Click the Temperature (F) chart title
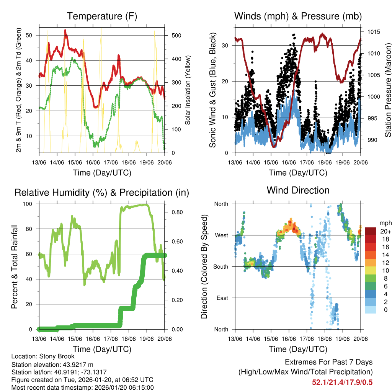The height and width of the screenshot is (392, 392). click(x=102, y=16)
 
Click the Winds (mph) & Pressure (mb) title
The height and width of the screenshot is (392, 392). click(x=298, y=16)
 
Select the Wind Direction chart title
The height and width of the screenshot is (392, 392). click(x=298, y=190)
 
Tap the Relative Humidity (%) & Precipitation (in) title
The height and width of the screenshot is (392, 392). click(x=102, y=193)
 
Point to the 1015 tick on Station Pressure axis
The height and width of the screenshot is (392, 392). click(x=373, y=32)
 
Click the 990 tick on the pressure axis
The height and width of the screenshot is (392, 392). click(x=372, y=140)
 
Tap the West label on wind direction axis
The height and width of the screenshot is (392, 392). click(x=221, y=235)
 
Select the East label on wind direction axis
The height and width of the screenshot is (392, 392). click(x=222, y=298)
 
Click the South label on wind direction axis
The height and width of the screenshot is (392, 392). click(x=221, y=266)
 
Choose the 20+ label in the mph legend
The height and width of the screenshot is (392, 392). click(x=385, y=231)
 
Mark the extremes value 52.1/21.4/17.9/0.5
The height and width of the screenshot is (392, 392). click(x=342, y=382)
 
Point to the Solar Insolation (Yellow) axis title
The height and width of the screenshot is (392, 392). click(x=188, y=90)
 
